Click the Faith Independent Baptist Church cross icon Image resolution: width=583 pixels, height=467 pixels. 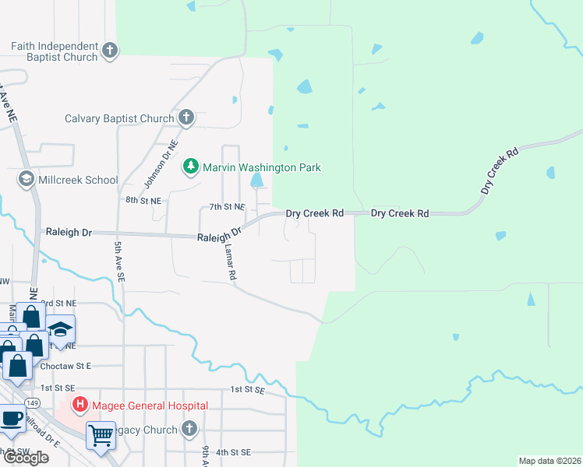[x=110, y=51]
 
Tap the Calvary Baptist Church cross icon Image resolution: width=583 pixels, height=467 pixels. [x=185, y=118]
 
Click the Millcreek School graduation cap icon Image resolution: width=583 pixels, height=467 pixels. [x=26, y=180]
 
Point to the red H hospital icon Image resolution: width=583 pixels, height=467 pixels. [x=79, y=405]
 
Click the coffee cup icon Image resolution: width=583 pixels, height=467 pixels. [x=11, y=418]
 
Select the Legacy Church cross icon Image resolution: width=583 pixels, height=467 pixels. [x=189, y=429]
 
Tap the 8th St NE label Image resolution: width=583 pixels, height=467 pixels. [x=143, y=200]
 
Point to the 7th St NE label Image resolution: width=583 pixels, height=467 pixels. [x=228, y=207]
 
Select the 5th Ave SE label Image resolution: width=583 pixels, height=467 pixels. [x=119, y=261]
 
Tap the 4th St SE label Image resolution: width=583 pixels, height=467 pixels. [x=233, y=451]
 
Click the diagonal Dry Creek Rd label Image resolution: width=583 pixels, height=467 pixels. [x=500, y=172]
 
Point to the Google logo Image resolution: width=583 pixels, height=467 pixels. [x=26, y=458]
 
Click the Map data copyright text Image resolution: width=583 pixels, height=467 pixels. [x=549, y=461]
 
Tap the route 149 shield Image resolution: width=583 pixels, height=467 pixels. [x=32, y=402]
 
